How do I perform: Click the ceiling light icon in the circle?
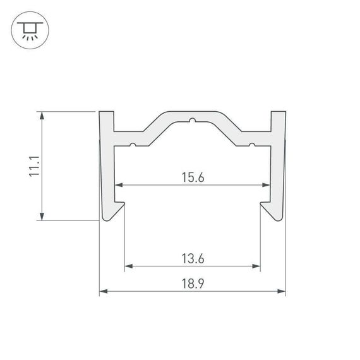[x=28, y=29]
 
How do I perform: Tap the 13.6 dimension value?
[x=192, y=258]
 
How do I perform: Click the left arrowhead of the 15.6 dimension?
[x=117, y=186]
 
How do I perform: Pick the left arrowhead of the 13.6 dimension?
[x=127, y=266]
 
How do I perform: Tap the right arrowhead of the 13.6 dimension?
[x=257, y=266]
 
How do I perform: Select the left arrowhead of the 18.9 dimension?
[x=103, y=292]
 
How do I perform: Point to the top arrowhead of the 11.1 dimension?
[x=42, y=116]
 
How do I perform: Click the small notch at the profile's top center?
[x=192, y=119]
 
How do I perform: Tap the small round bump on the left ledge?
[x=133, y=146]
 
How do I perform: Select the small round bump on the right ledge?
[x=251, y=146]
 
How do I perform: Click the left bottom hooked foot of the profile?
[x=114, y=211]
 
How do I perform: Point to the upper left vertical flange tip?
[x=107, y=115]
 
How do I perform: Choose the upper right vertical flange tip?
[x=278, y=115]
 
